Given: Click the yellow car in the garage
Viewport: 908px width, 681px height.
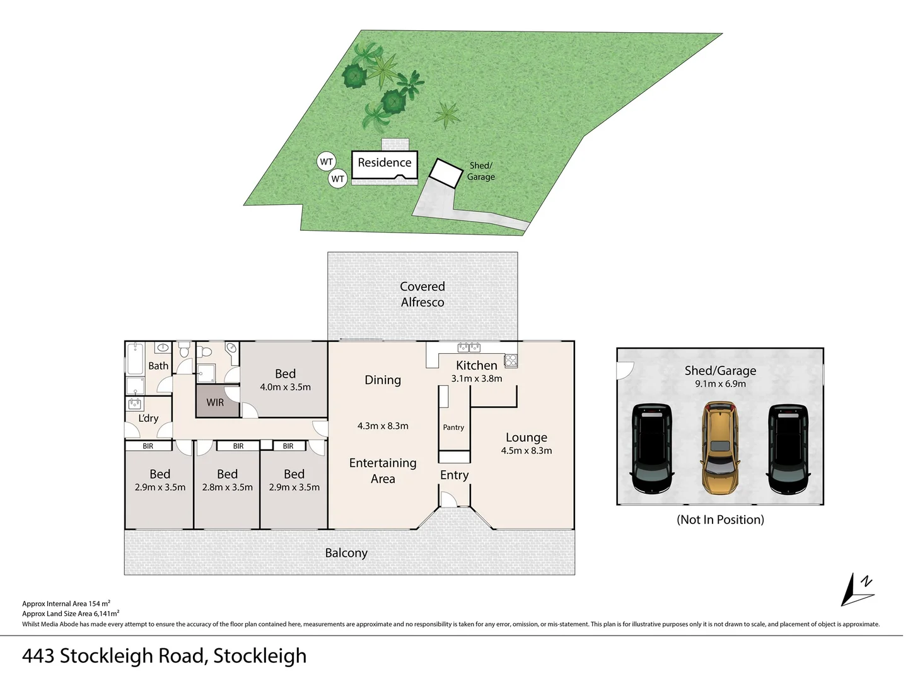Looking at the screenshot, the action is point(719,448).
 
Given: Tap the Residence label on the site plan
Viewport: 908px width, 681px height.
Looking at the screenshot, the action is point(384,163).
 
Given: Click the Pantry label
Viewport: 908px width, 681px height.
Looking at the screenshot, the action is point(453,427).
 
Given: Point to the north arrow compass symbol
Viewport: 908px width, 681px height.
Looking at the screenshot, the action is point(857,590).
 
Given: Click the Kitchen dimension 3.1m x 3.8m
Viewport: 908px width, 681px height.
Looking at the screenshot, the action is point(477,378).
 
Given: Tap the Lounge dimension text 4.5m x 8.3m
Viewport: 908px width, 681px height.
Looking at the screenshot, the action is point(526,450).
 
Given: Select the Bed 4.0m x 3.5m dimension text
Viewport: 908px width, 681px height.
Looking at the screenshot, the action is point(285,387).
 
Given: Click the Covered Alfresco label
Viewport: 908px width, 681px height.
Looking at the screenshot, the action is point(422,294).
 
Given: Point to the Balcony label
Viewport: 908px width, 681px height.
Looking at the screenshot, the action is point(346,553).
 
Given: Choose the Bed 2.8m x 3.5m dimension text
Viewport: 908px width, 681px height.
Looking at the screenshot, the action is point(227,487).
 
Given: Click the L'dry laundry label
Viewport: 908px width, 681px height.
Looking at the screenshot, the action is point(149,418).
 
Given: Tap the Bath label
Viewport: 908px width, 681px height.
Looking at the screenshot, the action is point(158,366).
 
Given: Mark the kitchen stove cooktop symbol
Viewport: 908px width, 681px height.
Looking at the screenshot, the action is point(511,361).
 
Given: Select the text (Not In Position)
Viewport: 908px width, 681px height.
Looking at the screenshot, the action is point(720,520).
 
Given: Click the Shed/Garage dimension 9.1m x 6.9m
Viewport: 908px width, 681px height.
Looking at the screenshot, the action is point(720,384).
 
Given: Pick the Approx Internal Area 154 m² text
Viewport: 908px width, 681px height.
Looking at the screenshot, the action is point(66,603).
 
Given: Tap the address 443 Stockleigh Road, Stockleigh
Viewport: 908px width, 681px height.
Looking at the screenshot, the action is point(164,656).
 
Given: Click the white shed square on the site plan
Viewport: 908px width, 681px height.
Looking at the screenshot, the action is point(446,173).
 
